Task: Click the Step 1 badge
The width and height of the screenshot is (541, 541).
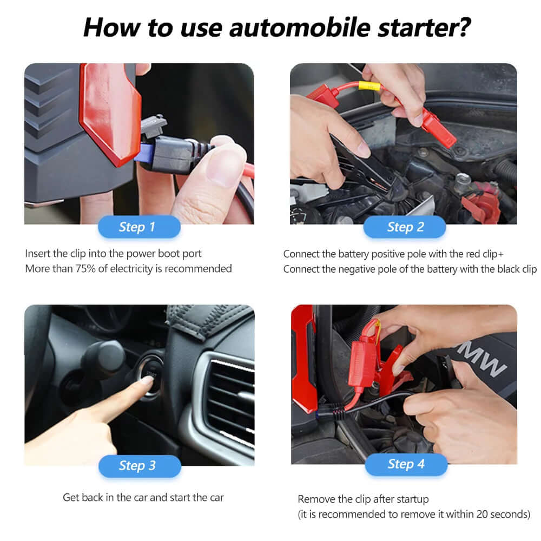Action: [139, 227]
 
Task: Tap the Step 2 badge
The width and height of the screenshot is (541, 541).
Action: [405, 227]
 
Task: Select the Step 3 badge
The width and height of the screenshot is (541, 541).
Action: [139, 466]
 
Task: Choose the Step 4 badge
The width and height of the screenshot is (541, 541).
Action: [406, 464]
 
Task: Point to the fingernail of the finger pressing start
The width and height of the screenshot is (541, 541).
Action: [146, 380]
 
